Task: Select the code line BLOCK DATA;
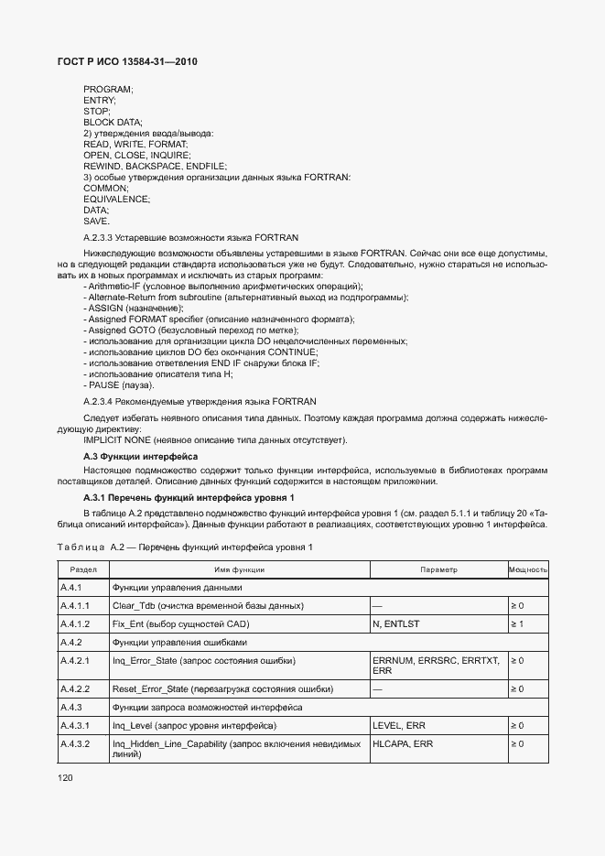tap(113, 122)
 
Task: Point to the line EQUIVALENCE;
tap(116, 199)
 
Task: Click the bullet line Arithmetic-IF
tap(222, 287)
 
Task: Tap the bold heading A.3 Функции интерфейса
tap(140, 456)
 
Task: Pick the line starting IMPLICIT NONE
tap(215, 439)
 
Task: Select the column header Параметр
tap(438, 569)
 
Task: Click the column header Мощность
tap(527, 569)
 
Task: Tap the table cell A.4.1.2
tap(74, 623)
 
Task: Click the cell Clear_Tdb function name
tap(221, 605)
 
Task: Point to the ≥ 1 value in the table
tap(517, 623)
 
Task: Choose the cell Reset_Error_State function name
tap(222, 688)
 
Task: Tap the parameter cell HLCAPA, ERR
tap(403, 744)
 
